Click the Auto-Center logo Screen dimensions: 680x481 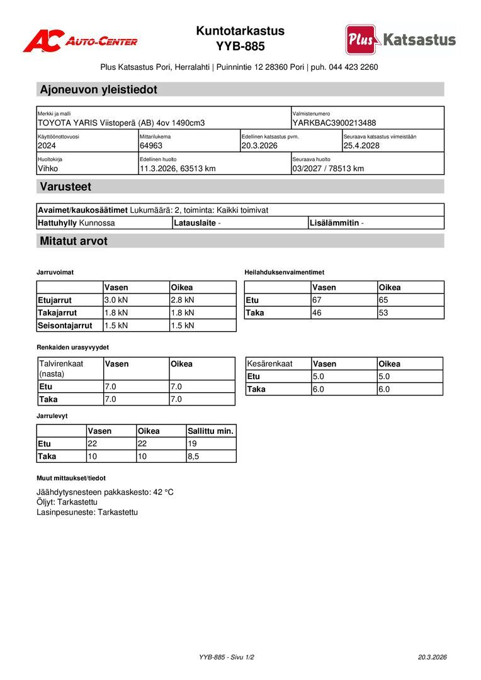(x=80, y=42)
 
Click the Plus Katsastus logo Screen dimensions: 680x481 (x=400, y=40)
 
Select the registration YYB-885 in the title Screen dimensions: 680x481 (x=240, y=47)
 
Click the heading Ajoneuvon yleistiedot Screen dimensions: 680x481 (x=98, y=89)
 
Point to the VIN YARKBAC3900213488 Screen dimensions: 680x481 (x=334, y=123)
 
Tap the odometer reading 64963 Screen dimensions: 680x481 (x=151, y=146)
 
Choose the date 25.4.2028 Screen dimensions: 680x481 (x=361, y=146)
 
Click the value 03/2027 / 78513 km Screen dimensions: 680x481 (x=328, y=169)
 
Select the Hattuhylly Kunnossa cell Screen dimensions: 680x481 (x=76, y=223)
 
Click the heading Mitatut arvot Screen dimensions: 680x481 (x=74, y=241)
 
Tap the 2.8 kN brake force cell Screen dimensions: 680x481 (x=183, y=300)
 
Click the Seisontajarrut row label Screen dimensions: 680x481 (x=65, y=326)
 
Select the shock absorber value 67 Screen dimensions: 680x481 (x=317, y=300)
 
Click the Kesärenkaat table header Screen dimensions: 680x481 (x=270, y=364)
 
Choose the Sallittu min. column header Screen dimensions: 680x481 (x=211, y=431)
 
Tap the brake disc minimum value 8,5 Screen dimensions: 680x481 (x=193, y=456)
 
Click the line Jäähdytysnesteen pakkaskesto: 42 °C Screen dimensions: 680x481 (x=105, y=492)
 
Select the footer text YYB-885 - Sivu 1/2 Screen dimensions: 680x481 (x=227, y=657)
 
